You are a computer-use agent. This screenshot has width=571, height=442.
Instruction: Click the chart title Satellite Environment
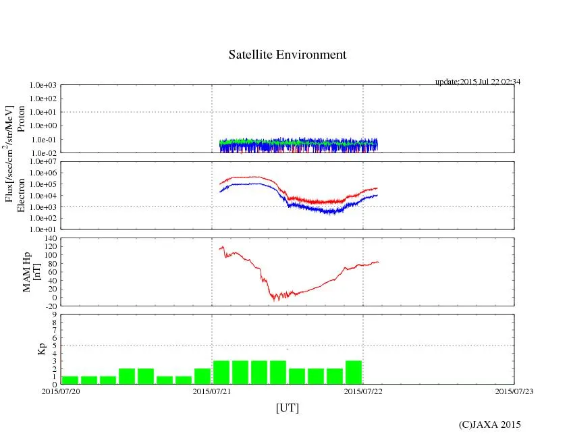(x=288, y=55)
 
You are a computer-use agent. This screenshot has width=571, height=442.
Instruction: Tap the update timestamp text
(x=477, y=82)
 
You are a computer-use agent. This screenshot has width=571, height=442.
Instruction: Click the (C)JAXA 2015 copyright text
(x=489, y=424)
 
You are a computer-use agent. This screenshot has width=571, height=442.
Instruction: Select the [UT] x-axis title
(x=287, y=408)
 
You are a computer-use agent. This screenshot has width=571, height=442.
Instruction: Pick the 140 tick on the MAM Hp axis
(x=49, y=239)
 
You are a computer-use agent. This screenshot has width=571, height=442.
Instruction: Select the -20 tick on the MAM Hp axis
(x=50, y=306)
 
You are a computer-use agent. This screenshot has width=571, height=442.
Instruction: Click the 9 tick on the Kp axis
(x=53, y=314)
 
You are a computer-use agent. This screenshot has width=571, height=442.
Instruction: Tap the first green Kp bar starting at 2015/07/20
(x=70, y=380)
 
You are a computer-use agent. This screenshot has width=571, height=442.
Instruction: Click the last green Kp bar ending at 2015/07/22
(x=354, y=372)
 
